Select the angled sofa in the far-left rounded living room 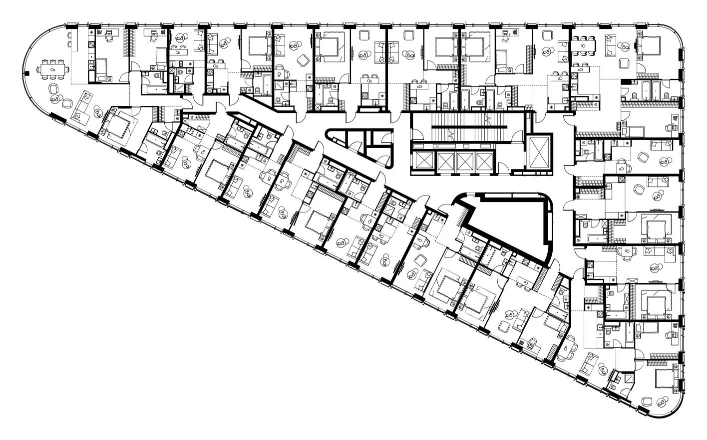(x=83, y=108)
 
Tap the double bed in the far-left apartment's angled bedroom (x=116, y=125)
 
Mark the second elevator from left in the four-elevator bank (x=444, y=161)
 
